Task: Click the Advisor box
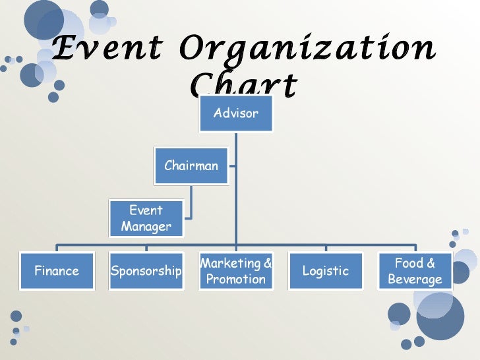point(235,113)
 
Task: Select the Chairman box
point(191,165)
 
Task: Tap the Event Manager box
point(146,218)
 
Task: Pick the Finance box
point(56,271)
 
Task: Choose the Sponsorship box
point(146,271)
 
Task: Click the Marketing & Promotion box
point(235,271)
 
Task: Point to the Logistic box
point(325,271)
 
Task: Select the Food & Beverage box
point(415,271)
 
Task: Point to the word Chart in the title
point(243,84)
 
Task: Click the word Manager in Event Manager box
point(146,226)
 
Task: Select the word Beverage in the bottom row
point(415,279)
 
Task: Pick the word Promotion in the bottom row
point(235,279)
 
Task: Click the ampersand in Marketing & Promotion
point(267,264)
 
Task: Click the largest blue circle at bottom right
point(440,316)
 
